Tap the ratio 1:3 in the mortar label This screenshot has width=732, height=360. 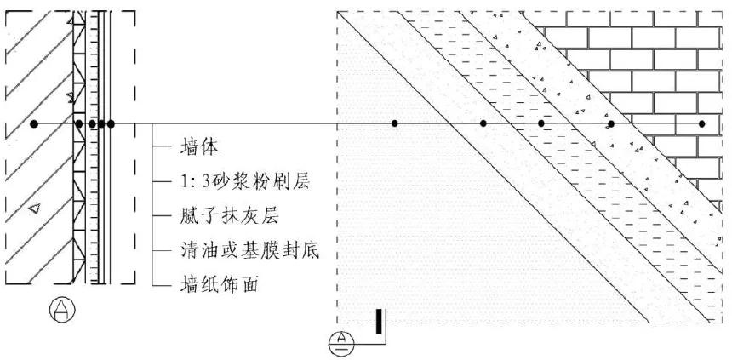(195, 181)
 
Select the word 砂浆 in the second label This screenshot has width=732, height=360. (235, 181)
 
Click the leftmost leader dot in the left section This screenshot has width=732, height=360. (34, 124)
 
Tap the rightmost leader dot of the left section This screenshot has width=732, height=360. (111, 124)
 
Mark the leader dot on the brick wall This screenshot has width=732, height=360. (702, 124)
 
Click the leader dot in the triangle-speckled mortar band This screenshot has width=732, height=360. (611, 124)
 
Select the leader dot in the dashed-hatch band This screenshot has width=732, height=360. (541, 124)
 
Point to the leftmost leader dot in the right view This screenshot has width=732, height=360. (395, 124)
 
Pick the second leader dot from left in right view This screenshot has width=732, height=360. (483, 124)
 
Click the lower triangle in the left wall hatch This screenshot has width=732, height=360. (34, 208)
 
